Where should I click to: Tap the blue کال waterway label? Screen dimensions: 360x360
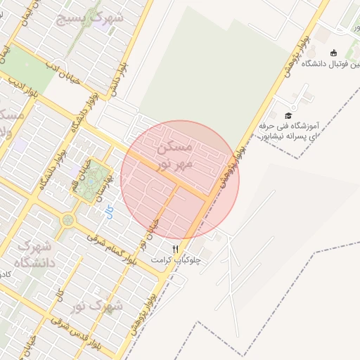tap(109, 212)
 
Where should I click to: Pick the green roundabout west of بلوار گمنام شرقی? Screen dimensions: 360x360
tap(67, 220)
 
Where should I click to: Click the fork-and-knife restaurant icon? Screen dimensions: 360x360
tap(176, 249)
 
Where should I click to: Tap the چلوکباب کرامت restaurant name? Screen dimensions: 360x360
tap(175, 259)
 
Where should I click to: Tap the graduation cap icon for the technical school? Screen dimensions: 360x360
tap(288, 115)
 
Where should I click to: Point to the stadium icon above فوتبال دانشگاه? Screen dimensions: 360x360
tap(333, 52)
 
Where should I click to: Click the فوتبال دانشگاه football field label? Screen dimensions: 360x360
tap(330, 64)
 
